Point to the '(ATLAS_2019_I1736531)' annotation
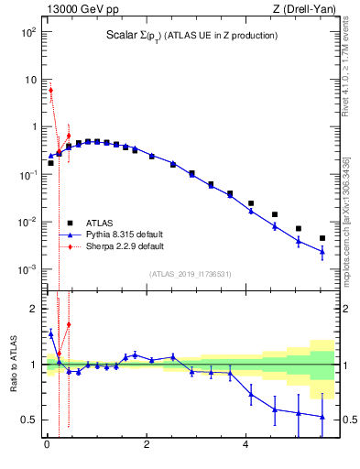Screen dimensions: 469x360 coord(190,274)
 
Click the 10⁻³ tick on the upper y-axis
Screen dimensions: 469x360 coord(28,269)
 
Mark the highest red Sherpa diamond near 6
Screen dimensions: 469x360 coord(51,90)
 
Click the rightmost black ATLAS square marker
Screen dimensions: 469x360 coord(322,238)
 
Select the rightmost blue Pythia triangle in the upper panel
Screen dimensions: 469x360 coord(322,252)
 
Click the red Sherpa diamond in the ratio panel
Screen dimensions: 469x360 coord(69,324)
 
